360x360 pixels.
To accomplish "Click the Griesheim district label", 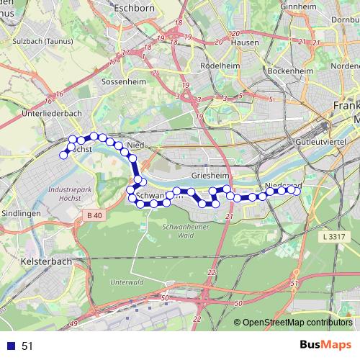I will click(x=210, y=175).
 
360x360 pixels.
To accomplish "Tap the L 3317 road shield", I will click(x=334, y=236).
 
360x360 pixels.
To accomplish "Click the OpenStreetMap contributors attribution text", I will click(x=298, y=323).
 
